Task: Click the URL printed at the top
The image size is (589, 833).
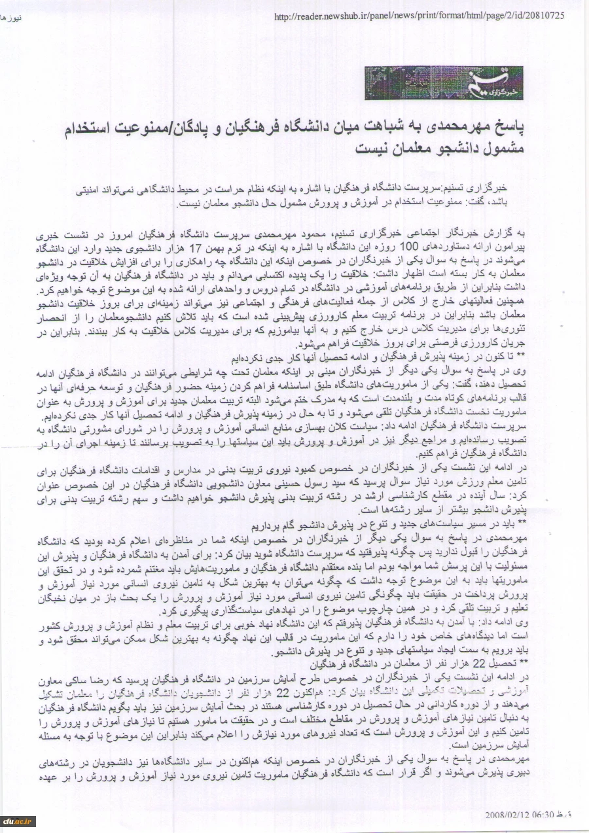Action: pos(419,16)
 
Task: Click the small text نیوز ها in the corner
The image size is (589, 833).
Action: pos(12,17)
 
